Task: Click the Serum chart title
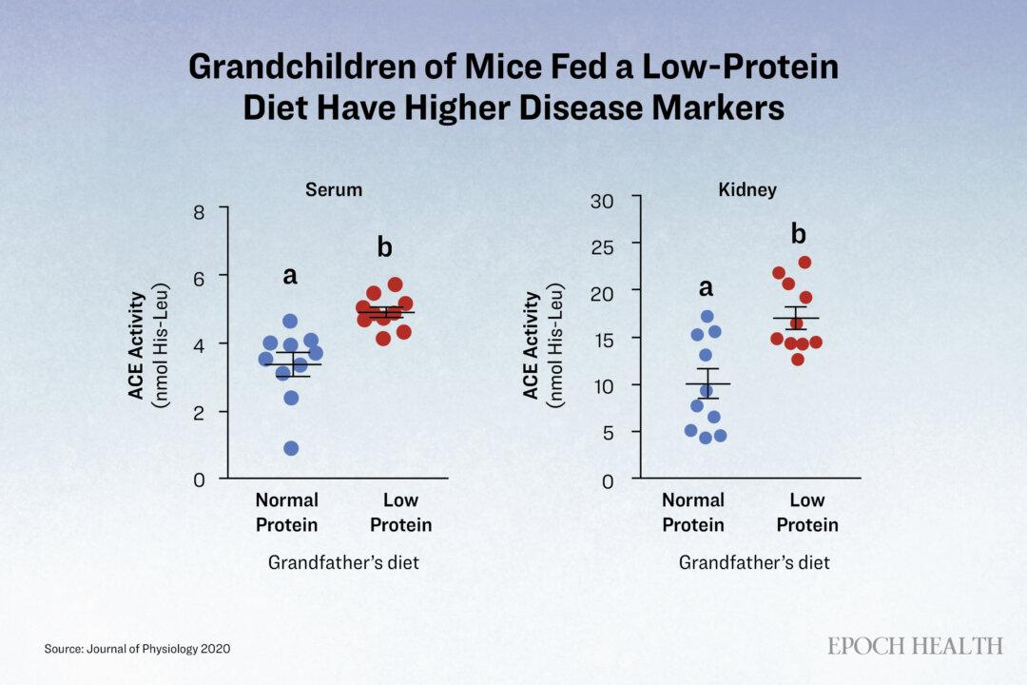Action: click(334, 190)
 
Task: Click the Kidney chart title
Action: click(747, 190)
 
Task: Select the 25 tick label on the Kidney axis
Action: click(602, 247)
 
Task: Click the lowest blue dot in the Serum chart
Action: click(292, 448)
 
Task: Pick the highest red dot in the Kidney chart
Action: click(805, 263)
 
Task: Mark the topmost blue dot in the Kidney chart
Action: click(707, 317)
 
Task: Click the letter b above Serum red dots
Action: click(384, 247)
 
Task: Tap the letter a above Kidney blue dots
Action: click(706, 287)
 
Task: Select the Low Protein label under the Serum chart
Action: click(401, 513)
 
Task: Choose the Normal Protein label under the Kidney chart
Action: click(693, 513)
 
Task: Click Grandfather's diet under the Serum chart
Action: click(343, 562)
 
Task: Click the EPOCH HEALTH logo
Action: click(915, 646)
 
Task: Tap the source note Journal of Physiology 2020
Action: click(159, 649)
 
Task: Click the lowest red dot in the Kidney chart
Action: click(798, 360)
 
